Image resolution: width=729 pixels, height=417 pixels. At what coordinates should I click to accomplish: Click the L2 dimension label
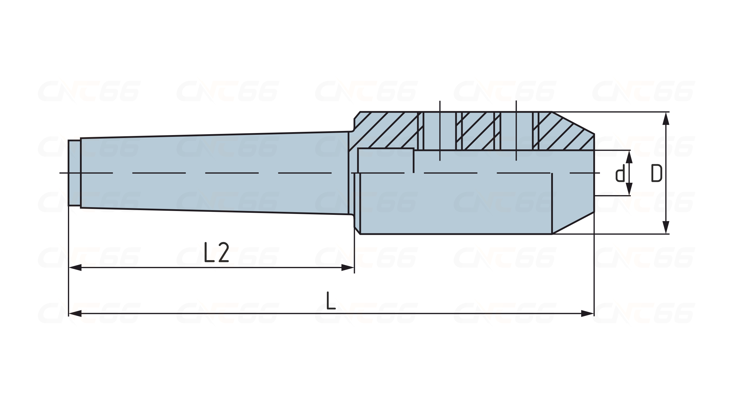216,252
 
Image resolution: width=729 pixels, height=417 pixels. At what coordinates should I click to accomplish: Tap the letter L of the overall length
331,300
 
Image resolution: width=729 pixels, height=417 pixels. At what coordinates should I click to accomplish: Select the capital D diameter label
657,173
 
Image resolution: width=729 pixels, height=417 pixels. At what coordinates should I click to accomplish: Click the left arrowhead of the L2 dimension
75,268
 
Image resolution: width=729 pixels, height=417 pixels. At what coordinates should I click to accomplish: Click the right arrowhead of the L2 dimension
347,268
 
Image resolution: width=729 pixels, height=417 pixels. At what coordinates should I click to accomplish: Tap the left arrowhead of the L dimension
75,313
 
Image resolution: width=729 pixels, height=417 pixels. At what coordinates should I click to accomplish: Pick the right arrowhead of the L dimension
588,313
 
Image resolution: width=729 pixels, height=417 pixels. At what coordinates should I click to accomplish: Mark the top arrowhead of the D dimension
666,119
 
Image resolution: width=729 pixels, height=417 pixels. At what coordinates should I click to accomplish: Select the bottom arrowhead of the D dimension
666,227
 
